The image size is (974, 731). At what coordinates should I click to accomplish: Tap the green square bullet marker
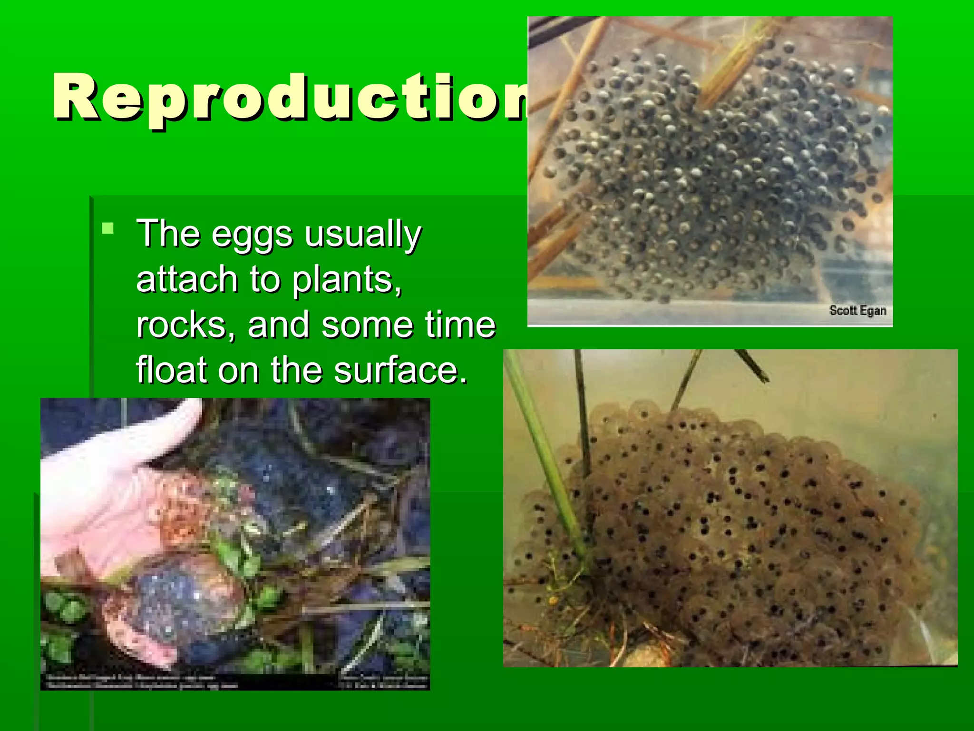point(108,228)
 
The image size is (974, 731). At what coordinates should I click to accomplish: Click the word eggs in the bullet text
point(252,234)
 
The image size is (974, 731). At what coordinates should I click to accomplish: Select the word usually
point(362,234)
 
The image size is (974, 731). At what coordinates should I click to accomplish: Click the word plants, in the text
point(347,279)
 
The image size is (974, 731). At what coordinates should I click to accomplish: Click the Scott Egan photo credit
point(857,311)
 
